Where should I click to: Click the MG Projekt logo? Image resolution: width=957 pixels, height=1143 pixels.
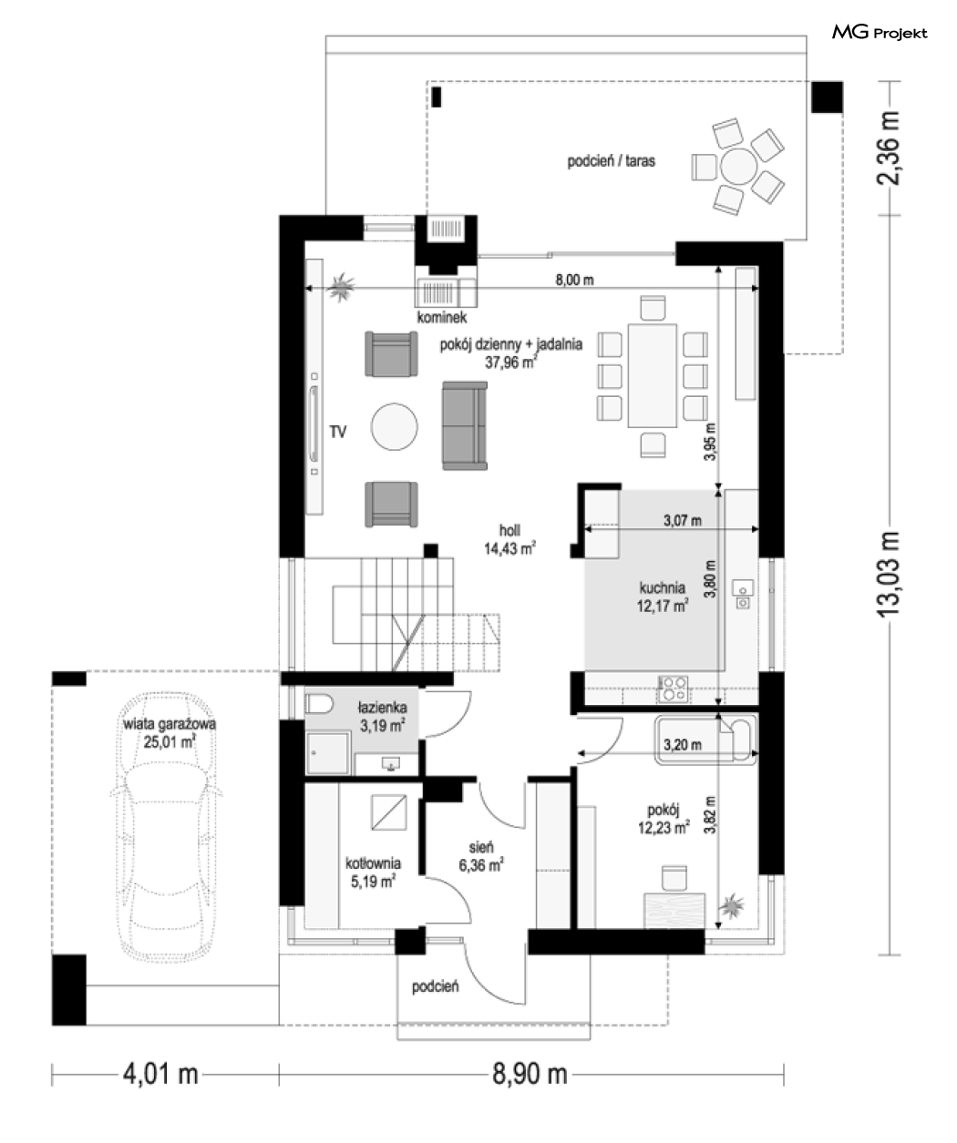(x=880, y=33)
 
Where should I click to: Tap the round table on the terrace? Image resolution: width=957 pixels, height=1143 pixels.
(x=739, y=167)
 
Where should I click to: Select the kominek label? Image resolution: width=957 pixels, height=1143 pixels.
(x=441, y=317)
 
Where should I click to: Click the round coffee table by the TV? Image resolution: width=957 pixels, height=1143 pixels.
(x=394, y=426)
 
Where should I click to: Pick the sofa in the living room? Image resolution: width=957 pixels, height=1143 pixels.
(x=465, y=425)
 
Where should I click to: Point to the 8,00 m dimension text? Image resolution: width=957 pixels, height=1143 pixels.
(x=574, y=280)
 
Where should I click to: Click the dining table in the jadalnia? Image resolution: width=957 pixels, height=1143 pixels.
(x=652, y=375)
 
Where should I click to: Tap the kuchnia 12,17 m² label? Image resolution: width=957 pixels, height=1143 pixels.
(x=663, y=597)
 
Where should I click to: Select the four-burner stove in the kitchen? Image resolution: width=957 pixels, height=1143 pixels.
(x=674, y=689)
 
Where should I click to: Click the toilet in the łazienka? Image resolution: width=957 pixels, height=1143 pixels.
(x=319, y=703)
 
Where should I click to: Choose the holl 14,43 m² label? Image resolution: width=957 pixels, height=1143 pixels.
(x=509, y=539)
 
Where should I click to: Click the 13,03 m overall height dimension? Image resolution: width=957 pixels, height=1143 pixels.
(x=889, y=574)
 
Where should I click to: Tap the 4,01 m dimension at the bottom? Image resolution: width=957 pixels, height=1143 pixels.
(x=160, y=1075)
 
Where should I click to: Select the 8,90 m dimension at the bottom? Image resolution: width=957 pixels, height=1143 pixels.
(x=530, y=1075)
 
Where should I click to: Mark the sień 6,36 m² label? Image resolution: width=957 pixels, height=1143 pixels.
(x=481, y=856)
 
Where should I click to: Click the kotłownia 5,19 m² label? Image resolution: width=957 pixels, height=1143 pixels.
(x=373, y=872)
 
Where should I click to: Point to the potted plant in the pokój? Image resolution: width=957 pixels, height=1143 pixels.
(x=731, y=906)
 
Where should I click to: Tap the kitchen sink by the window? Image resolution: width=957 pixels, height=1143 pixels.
(x=743, y=595)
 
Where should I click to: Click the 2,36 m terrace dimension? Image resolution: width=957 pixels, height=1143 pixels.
(x=889, y=148)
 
